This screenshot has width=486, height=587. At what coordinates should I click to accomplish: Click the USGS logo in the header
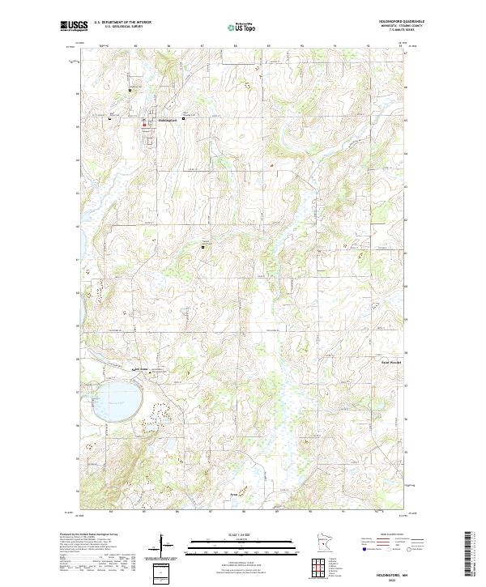point(75,26)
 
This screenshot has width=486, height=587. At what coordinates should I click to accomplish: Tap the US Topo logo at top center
point(243,27)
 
